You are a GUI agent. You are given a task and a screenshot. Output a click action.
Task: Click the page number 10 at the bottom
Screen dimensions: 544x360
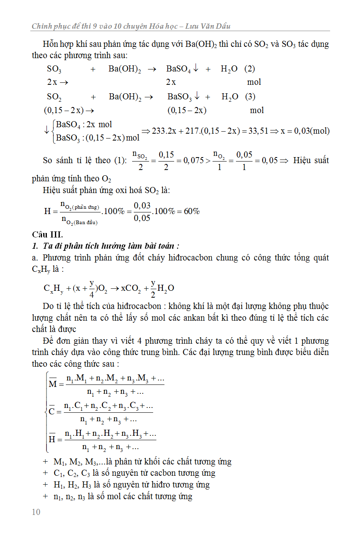click(36, 512)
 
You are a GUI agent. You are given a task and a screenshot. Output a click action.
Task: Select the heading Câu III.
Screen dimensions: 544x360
click(47, 235)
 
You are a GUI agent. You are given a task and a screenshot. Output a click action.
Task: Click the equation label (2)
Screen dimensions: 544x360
click(250, 69)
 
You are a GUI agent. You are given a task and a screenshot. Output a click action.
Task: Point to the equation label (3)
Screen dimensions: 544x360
click(250, 97)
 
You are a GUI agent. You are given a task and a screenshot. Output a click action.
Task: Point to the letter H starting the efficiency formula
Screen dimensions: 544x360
click(48, 211)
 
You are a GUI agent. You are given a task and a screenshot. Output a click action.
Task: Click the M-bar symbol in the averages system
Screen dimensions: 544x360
click(53, 383)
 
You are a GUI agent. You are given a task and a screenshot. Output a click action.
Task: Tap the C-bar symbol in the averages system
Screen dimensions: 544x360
click(52, 411)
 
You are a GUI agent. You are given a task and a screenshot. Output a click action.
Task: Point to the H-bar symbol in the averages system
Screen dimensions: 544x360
click(52, 439)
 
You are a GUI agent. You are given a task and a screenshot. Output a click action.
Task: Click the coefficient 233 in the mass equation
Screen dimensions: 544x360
click(158, 131)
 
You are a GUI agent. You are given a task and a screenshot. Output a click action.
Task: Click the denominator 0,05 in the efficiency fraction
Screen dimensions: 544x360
click(142, 218)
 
